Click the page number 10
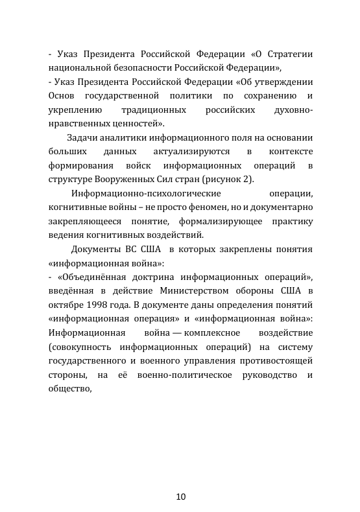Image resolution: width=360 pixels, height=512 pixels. [180, 497]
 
